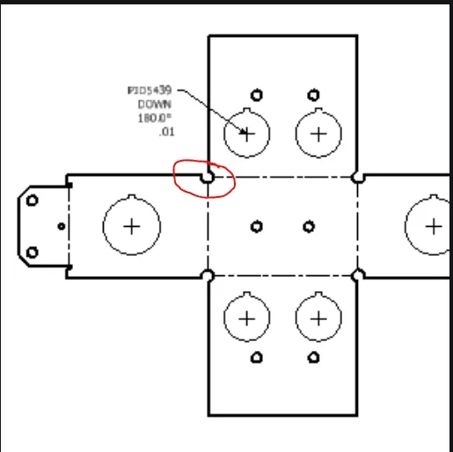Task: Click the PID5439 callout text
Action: point(150,91)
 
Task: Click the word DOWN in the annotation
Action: point(154,105)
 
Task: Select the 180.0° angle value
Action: point(154,118)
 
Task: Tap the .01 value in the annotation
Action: point(167,132)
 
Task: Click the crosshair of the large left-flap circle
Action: point(132,227)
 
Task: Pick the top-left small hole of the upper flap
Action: point(257,95)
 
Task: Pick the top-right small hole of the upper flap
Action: point(313,95)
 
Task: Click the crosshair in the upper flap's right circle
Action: point(318,135)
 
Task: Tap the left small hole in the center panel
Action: point(257,227)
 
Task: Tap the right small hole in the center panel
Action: point(309,227)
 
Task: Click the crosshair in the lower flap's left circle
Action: point(247,318)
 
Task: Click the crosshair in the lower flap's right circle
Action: point(318,318)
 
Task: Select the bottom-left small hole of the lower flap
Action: point(257,358)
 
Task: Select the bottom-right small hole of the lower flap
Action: point(313,358)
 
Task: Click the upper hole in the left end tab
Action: point(33,200)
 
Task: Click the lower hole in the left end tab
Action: point(33,252)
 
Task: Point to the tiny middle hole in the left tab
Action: point(62,226)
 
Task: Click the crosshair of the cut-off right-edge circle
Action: point(434,227)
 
